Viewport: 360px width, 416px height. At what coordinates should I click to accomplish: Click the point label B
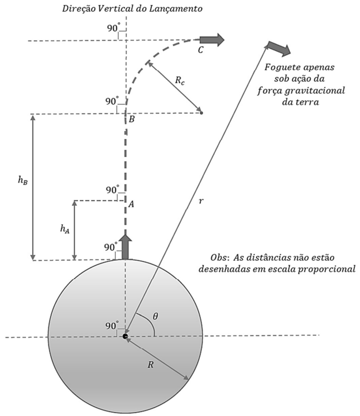(x=132, y=119)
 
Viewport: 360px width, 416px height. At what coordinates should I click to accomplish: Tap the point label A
(x=131, y=204)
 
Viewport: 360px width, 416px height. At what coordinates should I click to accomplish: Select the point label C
(x=201, y=50)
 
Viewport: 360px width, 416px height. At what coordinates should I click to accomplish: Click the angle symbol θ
(x=156, y=316)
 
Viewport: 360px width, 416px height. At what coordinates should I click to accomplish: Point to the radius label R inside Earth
(x=151, y=365)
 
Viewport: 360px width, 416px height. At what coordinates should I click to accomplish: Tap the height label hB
(x=23, y=180)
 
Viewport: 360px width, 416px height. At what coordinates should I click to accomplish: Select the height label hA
(x=65, y=229)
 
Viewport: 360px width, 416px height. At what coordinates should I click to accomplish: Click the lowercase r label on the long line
(x=201, y=201)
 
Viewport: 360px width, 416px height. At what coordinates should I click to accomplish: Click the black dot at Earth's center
(x=125, y=337)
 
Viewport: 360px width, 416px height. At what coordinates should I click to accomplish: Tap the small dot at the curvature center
(x=201, y=113)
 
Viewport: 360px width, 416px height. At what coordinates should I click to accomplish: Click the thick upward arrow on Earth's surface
(x=126, y=247)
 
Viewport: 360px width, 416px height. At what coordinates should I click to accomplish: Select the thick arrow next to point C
(x=212, y=40)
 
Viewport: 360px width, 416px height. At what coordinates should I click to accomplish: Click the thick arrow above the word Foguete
(x=279, y=49)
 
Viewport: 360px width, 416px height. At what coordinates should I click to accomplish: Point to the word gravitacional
(x=315, y=90)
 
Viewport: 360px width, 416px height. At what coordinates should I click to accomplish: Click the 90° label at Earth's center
(x=112, y=326)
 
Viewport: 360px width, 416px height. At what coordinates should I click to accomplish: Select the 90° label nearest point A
(x=113, y=190)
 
